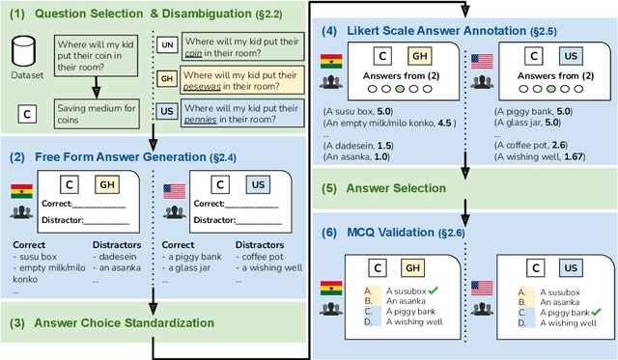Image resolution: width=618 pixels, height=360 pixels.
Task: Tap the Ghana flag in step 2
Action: click(21, 190)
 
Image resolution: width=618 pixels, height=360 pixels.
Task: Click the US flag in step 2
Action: click(174, 190)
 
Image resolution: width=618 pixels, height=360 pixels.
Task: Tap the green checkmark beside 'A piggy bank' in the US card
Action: click(599, 313)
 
